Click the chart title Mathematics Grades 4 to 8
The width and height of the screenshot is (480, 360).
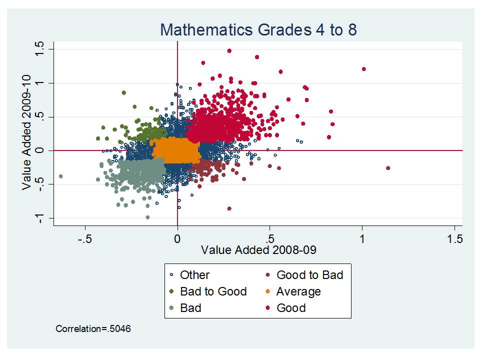point(258,30)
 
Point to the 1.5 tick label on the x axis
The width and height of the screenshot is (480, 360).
point(454,238)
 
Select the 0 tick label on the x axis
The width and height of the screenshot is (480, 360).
point(177,238)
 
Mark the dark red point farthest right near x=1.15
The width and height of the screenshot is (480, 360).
point(388,168)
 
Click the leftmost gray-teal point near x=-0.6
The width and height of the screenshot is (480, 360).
point(60,176)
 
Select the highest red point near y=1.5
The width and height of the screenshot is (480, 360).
point(229,50)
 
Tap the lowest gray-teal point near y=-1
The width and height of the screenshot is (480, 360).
point(147,217)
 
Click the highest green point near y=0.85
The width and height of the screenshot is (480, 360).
point(124,92)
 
